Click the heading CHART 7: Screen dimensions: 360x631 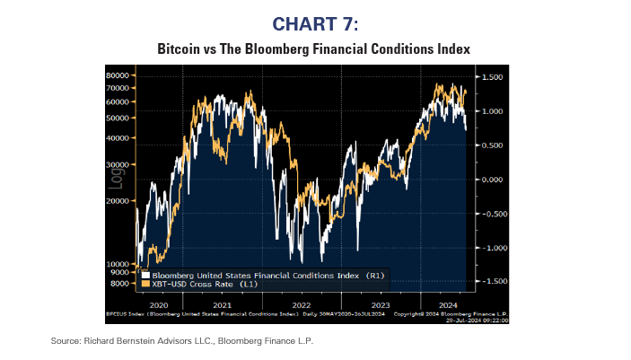point(314,23)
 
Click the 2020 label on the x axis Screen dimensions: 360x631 point(158,304)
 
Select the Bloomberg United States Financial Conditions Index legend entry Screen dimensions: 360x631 point(256,274)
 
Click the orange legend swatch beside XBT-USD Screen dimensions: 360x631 point(145,284)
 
